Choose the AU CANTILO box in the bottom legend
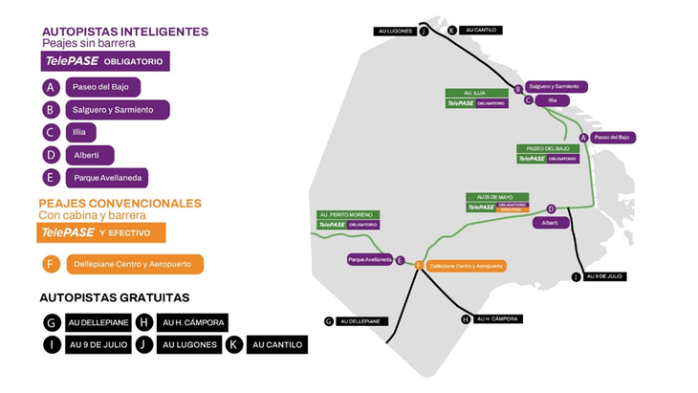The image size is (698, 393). [276, 344]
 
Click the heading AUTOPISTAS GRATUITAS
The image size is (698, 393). [114, 297]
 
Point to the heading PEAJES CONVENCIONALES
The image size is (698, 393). [120, 204]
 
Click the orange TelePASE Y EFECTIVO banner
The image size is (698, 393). [101, 232]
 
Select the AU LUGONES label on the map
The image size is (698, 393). [395, 32]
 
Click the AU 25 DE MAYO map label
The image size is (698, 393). [494, 197]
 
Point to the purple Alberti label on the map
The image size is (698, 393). [549, 222]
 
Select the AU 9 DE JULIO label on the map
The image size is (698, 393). [603, 276]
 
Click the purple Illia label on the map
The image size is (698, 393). [546, 99]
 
